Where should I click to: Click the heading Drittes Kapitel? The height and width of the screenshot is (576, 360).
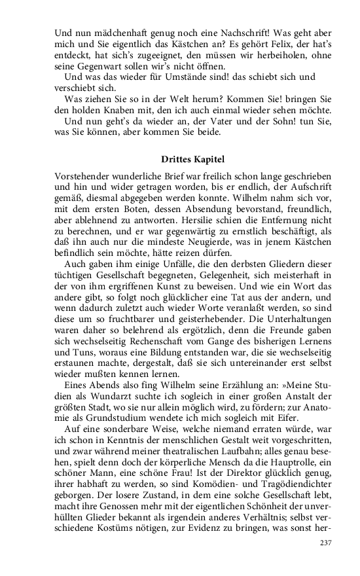point(193,158)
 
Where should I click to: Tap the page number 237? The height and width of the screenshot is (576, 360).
point(325,543)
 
